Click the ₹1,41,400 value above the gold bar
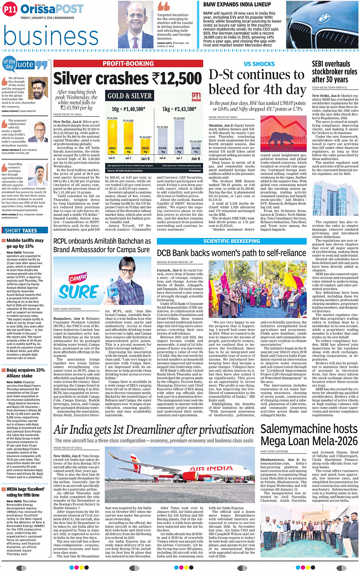128,121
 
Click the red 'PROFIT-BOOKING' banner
128,64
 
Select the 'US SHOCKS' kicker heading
259,64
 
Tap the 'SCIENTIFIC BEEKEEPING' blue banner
232,241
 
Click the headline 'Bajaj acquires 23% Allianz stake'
25,373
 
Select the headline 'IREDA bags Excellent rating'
25,492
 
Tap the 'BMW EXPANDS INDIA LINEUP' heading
237,5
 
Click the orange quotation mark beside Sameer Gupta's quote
163,6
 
